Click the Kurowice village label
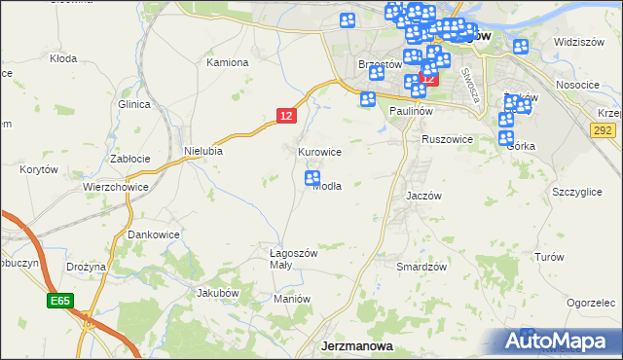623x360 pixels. [x=319, y=152]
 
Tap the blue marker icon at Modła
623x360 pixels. [x=312, y=178]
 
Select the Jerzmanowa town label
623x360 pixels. [x=357, y=346]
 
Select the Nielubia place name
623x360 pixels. [x=203, y=151]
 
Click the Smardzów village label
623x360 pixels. [x=421, y=266]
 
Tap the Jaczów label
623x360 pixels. [x=424, y=196]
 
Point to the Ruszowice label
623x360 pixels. [x=447, y=139]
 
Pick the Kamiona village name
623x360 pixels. [x=228, y=62]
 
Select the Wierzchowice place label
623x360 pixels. [x=115, y=187]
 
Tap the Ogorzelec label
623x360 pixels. [x=592, y=303]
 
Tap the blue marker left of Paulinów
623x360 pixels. [x=368, y=98]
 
